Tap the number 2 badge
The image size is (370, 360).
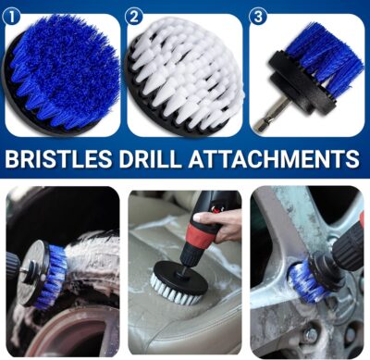(135, 16)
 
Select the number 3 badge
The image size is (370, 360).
(260, 16)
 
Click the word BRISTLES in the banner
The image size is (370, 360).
(60, 158)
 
